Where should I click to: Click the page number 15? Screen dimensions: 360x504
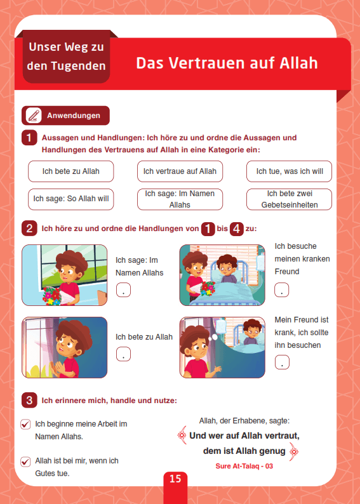point(175,479)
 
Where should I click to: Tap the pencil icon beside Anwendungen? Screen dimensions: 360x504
point(34,116)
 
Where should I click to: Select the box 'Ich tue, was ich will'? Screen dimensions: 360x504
point(290,171)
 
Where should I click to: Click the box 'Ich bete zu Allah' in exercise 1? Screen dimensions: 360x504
point(70,171)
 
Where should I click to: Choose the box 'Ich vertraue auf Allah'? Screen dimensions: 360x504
point(180,171)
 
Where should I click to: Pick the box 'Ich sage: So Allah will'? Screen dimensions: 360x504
point(70,199)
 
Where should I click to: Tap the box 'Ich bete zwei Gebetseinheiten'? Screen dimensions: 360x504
point(290,199)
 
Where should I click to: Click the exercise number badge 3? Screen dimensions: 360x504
point(29,401)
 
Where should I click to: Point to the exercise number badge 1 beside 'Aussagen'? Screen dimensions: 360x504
point(29,138)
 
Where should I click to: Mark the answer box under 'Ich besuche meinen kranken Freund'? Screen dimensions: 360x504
point(281,290)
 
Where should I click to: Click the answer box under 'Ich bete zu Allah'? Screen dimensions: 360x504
point(123,354)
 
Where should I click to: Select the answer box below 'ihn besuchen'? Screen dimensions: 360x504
point(282,362)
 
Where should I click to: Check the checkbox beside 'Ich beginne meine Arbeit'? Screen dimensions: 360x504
point(25,424)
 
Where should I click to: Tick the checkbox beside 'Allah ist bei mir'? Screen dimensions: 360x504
point(25,461)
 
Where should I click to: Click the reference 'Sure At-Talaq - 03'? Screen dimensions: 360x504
point(244,466)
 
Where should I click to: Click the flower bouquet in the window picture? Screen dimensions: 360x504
point(53,296)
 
